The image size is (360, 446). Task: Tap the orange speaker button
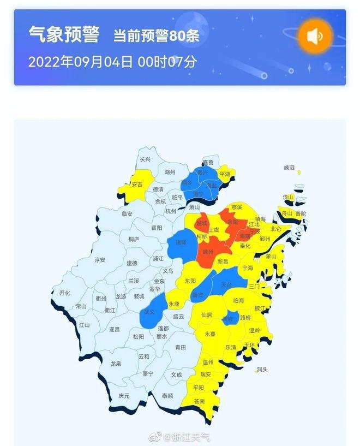pyautogui.click(x=315, y=37)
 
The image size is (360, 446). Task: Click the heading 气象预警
pyautogui.click(x=64, y=35)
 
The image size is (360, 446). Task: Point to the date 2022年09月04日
pyautogui.click(x=80, y=61)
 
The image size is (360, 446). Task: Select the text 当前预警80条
pyautogui.click(x=156, y=37)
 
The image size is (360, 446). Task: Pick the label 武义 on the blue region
pyautogui.click(x=149, y=312)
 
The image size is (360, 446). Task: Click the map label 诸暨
pyautogui.click(x=181, y=242)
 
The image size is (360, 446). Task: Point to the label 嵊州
pyautogui.click(x=208, y=252)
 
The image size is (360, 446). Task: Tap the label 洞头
pyautogui.click(x=262, y=370)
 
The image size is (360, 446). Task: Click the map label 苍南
pyautogui.click(x=199, y=401)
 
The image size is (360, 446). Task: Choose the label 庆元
pyautogui.click(x=124, y=396)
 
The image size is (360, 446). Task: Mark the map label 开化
pyautogui.click(x=65, y=293)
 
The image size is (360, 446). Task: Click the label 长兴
pyautogui.click(x=145, y=160)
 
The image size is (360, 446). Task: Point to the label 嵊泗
pyautogui.click(x=289, y=168)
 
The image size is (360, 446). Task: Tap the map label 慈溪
pyautogui.click(x=237, y=207)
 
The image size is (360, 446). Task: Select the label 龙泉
pyautogui.click(x=116, y=363)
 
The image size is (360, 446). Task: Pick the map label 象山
pyautogui.click(x=271, y=256)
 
